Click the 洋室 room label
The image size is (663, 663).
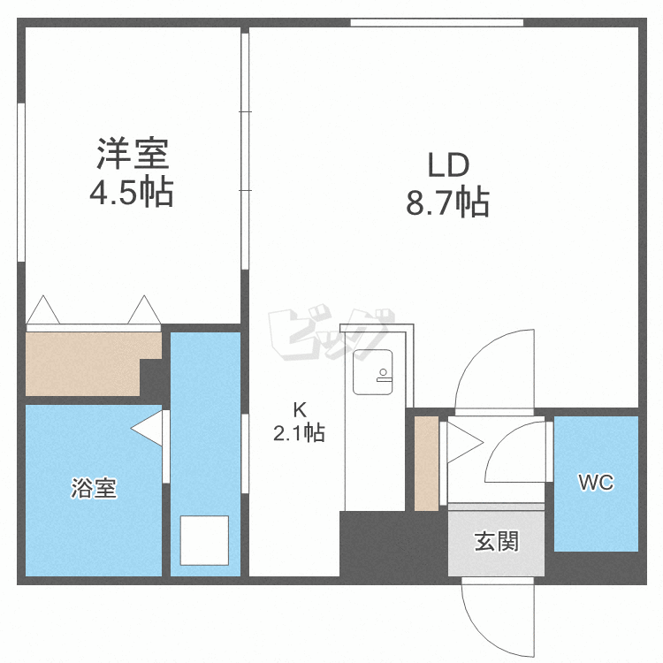tap(133, 153)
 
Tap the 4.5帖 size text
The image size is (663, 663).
tap(132, 192)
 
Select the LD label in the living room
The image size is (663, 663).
tap(448, 165)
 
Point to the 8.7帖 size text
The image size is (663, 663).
tap(448, 202)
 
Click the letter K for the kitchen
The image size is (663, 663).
tap(300, 409)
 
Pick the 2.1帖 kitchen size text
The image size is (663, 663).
tap(299, 433)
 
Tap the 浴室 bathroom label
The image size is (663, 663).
tap(94, 488)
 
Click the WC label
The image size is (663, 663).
tap(596, 483)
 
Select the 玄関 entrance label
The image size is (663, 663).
tap(496, 541)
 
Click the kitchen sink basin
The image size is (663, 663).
tap(372, 372)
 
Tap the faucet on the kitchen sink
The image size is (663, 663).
tap(384, 376)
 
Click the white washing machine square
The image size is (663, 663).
tap(205, 540)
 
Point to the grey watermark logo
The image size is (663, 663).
tap(331, 334)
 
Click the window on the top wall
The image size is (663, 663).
tap(437, 23)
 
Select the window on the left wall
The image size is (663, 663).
tap(21, 182)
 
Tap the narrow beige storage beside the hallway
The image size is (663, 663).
tap(427, 463)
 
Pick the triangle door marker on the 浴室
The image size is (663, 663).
tap(147, 429)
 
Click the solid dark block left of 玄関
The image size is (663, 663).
tap(393, 544)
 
